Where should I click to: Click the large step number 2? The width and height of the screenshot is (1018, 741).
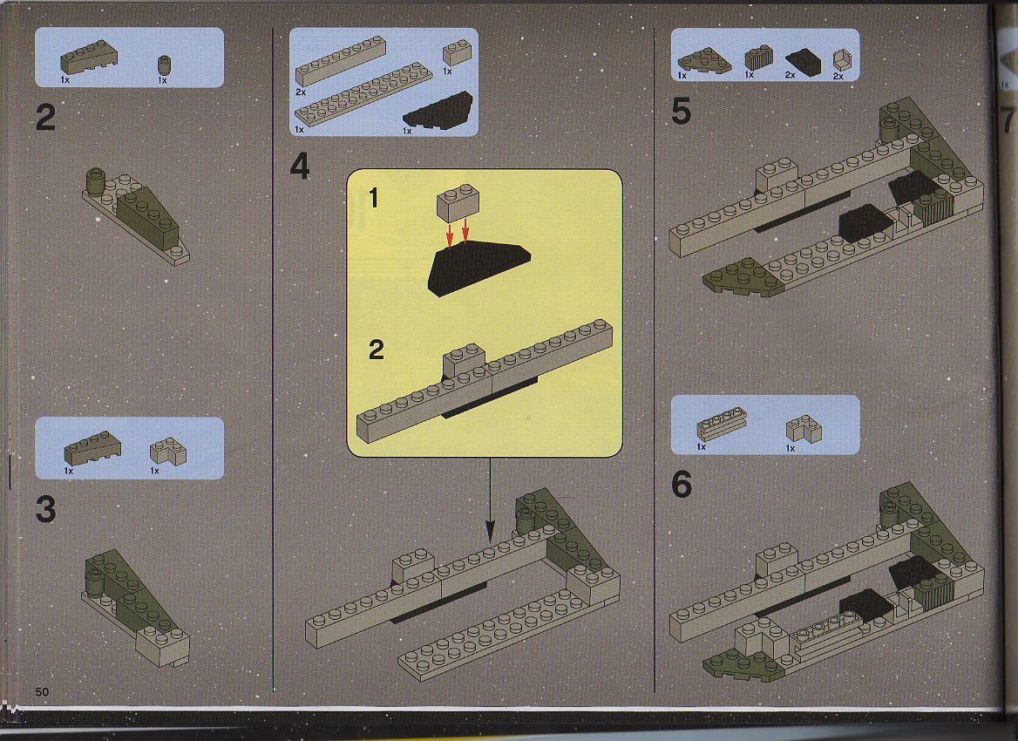(x=45, y=119)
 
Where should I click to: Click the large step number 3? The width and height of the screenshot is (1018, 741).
(x=45, y=509)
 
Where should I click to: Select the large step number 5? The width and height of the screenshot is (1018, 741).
(x=681, y=111)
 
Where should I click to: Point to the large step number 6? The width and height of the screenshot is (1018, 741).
(x=681, y=485)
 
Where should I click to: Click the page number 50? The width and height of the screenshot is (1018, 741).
(x=42, y=691)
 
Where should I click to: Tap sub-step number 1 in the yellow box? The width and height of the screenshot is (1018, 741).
(x=373, y=197)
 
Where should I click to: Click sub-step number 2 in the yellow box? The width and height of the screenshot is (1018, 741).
(x=376, y=350)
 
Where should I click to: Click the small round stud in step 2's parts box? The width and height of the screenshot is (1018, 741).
(x=164, y=65)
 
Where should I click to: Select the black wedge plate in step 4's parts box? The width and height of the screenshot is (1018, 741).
(x=438, y=108)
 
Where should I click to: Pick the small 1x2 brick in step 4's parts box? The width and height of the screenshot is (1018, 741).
(x=457, y=52)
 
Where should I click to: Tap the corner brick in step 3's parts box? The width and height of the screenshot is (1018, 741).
(x=168, y=452)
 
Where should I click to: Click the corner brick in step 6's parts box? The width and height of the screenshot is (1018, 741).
(x=804, y=429)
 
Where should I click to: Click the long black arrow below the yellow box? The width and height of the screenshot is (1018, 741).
(x=490, y=500)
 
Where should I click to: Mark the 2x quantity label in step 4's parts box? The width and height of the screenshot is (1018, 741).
(x=300, y=92)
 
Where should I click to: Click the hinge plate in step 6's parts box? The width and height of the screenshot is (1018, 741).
(x=722, y=424)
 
